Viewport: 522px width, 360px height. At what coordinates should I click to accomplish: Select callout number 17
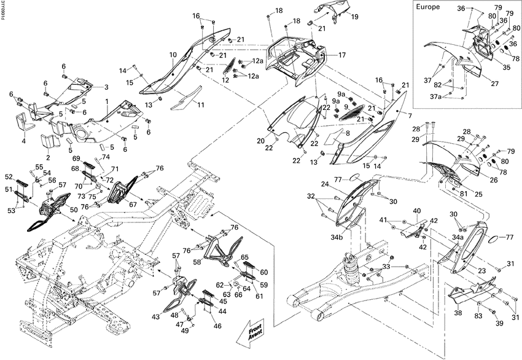pos(342,55)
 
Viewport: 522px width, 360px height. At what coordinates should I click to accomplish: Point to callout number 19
pos(354,17)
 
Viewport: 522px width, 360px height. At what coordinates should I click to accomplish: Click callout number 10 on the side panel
pos(173,55)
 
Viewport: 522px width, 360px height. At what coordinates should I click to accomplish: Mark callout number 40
pos(416,211)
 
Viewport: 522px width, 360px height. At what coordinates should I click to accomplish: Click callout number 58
pos(198,261)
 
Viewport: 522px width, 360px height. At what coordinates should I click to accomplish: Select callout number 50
pos(73,209)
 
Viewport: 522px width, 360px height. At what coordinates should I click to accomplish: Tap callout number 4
pos(24,141)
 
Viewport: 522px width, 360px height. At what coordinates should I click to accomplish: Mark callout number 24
pos(325,184)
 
